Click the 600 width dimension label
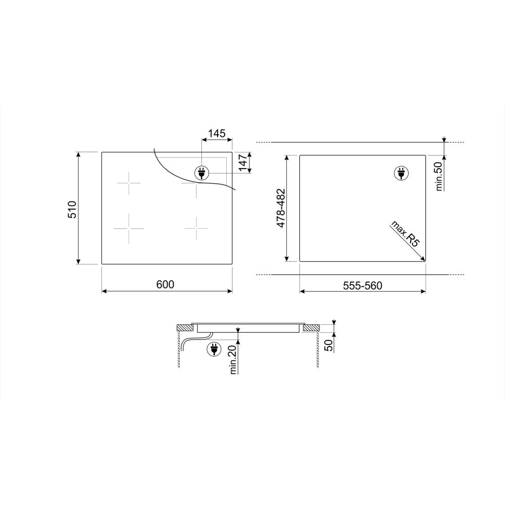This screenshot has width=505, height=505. tap(165, 284)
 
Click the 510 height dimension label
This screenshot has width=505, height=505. tap(72, 210)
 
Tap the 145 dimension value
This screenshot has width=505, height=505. tap(217, 133)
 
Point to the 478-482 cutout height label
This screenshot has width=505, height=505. tap(281, 208)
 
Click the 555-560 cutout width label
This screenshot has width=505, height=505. tap(362, 285)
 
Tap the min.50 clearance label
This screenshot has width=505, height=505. tap(439, 176)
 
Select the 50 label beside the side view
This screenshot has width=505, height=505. tap(329, 345)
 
